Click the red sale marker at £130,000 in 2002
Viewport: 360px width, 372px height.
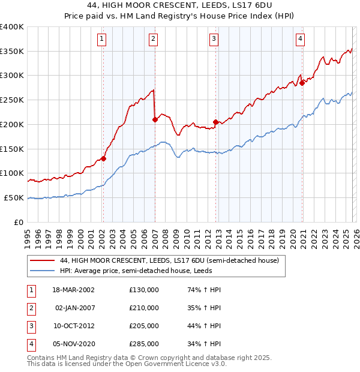(103, 158)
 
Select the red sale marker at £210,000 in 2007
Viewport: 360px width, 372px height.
(155, 119)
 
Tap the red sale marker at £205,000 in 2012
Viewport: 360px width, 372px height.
(215, 122)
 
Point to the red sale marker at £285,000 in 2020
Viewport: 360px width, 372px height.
(302, 83)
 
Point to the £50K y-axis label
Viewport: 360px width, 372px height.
(14, 197)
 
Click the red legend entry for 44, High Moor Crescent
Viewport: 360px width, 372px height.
(169, 261)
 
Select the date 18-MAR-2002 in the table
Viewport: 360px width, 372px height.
(73, 290)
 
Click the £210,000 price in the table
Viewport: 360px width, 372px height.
(144, 308)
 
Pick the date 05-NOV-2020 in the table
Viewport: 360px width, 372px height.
(73, 344)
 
